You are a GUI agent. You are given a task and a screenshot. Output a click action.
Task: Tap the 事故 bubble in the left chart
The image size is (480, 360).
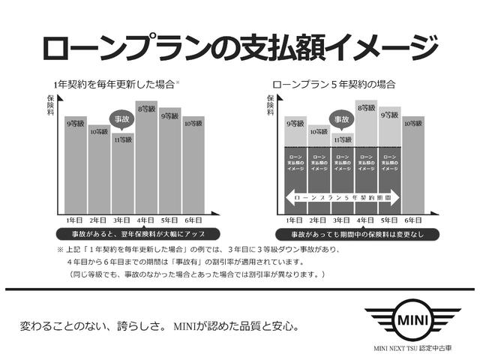click(x=123, y=118)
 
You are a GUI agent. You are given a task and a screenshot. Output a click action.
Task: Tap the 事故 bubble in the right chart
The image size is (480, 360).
click(x=342, y=118)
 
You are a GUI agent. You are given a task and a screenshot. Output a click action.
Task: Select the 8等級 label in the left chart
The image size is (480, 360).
click(x=146, y=107)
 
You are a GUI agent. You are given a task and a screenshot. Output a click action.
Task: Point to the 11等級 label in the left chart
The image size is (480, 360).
click(x=123, y=139)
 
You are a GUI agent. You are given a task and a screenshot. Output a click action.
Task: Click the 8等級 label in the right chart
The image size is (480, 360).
click(x=365, y=108)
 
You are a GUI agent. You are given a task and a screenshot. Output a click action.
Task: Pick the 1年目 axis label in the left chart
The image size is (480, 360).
click(x=75, y=220)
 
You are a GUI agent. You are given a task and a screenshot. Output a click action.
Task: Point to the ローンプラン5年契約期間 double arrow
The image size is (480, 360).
click(x=342, y=198)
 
